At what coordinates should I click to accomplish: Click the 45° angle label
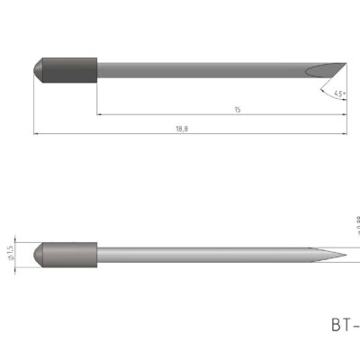coord(338,93)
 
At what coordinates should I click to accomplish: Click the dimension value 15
coord(238,109)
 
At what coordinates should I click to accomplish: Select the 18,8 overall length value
coord(184,129)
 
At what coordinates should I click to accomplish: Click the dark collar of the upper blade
coord(71,69)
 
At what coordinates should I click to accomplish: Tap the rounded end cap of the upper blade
coord(38,69)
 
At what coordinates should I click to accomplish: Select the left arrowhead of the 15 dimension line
coord(100,114)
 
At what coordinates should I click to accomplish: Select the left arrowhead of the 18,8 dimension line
coord(37,134)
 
